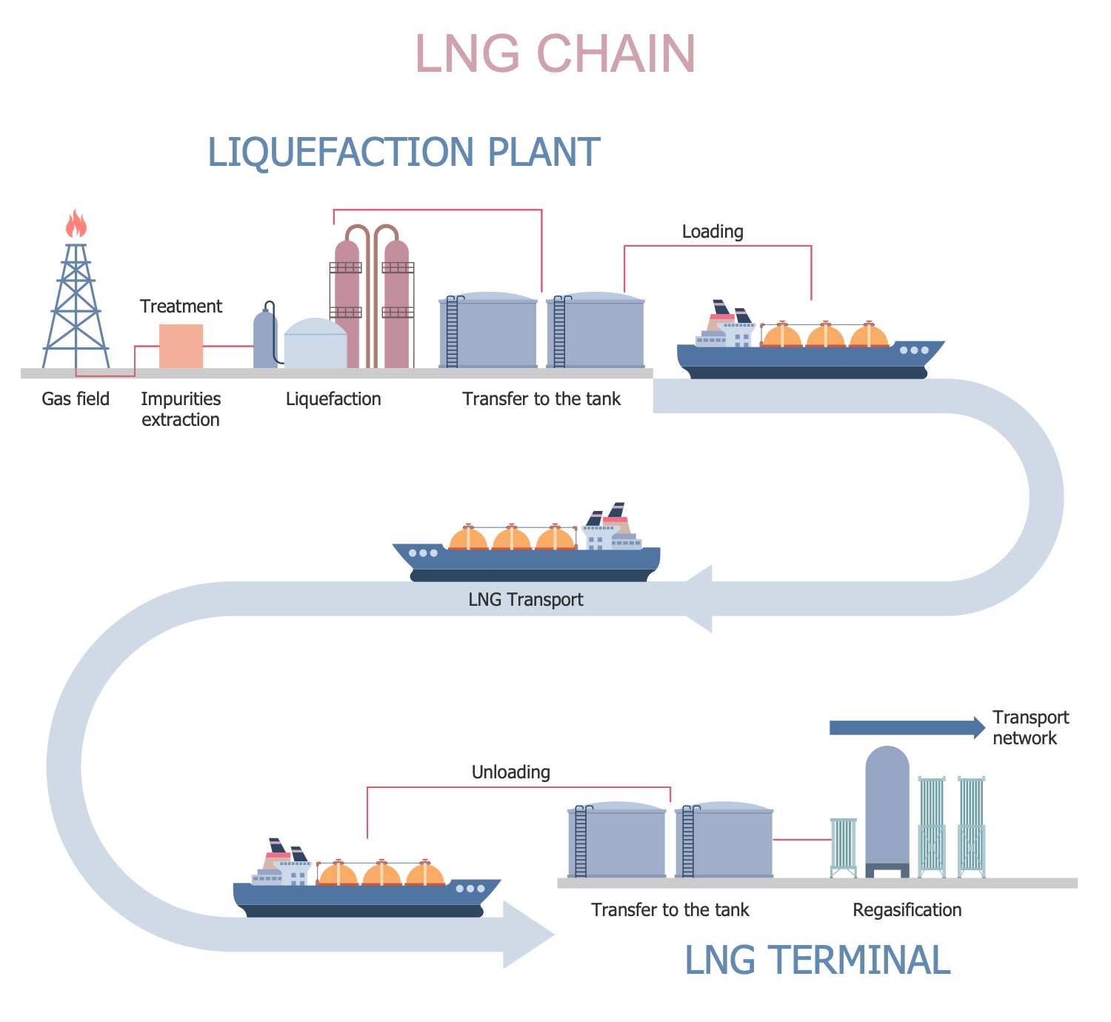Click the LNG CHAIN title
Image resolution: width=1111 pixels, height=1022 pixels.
click(555, 54)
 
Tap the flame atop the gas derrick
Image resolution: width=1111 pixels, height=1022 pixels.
click(76, 224)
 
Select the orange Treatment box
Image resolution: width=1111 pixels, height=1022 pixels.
click(181, 346)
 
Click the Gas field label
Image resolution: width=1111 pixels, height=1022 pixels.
click(76, 399)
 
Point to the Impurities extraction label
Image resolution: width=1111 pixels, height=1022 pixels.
click(181, 410)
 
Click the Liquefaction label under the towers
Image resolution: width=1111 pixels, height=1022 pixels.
click(333, 399)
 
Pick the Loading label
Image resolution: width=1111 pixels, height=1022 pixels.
click(713, 232)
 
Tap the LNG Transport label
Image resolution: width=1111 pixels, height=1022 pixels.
click(526, 600)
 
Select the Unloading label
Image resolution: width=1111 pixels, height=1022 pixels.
click(511, 772)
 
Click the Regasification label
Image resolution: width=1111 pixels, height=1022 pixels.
click(907, 910)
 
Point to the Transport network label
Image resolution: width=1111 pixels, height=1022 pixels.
click(1030, 728)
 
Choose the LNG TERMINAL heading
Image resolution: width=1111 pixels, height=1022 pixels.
click(817, 961)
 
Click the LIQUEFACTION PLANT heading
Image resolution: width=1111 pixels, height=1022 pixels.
click(404, 153)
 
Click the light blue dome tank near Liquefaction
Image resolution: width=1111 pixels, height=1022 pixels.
click(316, 344)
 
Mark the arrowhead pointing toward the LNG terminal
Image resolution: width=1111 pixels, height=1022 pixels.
click(527, 935)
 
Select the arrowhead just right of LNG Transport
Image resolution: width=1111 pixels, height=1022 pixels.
click(698, 598)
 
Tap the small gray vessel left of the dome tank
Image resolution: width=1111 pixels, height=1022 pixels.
click(264, 341)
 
